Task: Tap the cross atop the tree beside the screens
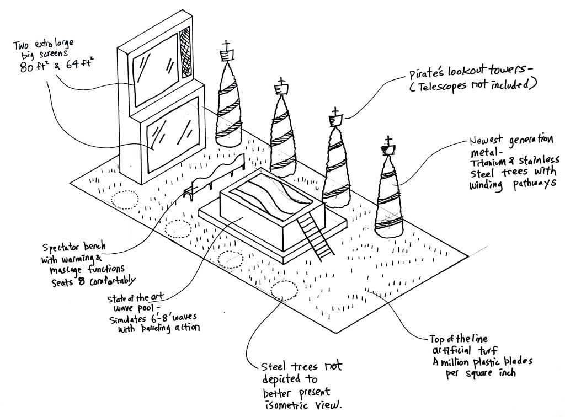point(226,45)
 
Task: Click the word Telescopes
point(434,85)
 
